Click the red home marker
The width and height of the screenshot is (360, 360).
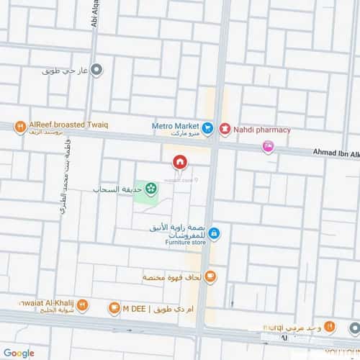click(x=179, y=161)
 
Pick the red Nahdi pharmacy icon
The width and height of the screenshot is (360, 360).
click(x=225, y=130)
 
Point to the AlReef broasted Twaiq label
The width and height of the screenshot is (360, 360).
click(x=66, y=124)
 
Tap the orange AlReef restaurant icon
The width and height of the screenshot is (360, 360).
click(x=19, y=127)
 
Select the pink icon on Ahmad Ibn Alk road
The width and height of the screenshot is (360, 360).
click(x=268, y=147)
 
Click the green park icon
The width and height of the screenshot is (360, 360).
click(x=150, y=189)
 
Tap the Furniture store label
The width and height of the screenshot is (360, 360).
click(x=184, y=243)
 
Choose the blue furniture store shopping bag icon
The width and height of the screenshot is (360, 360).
click(x=215, y=233)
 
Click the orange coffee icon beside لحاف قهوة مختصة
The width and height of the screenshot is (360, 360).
click(x=210, y=276)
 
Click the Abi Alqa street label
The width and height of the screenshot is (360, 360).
click(x=94, y=14)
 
